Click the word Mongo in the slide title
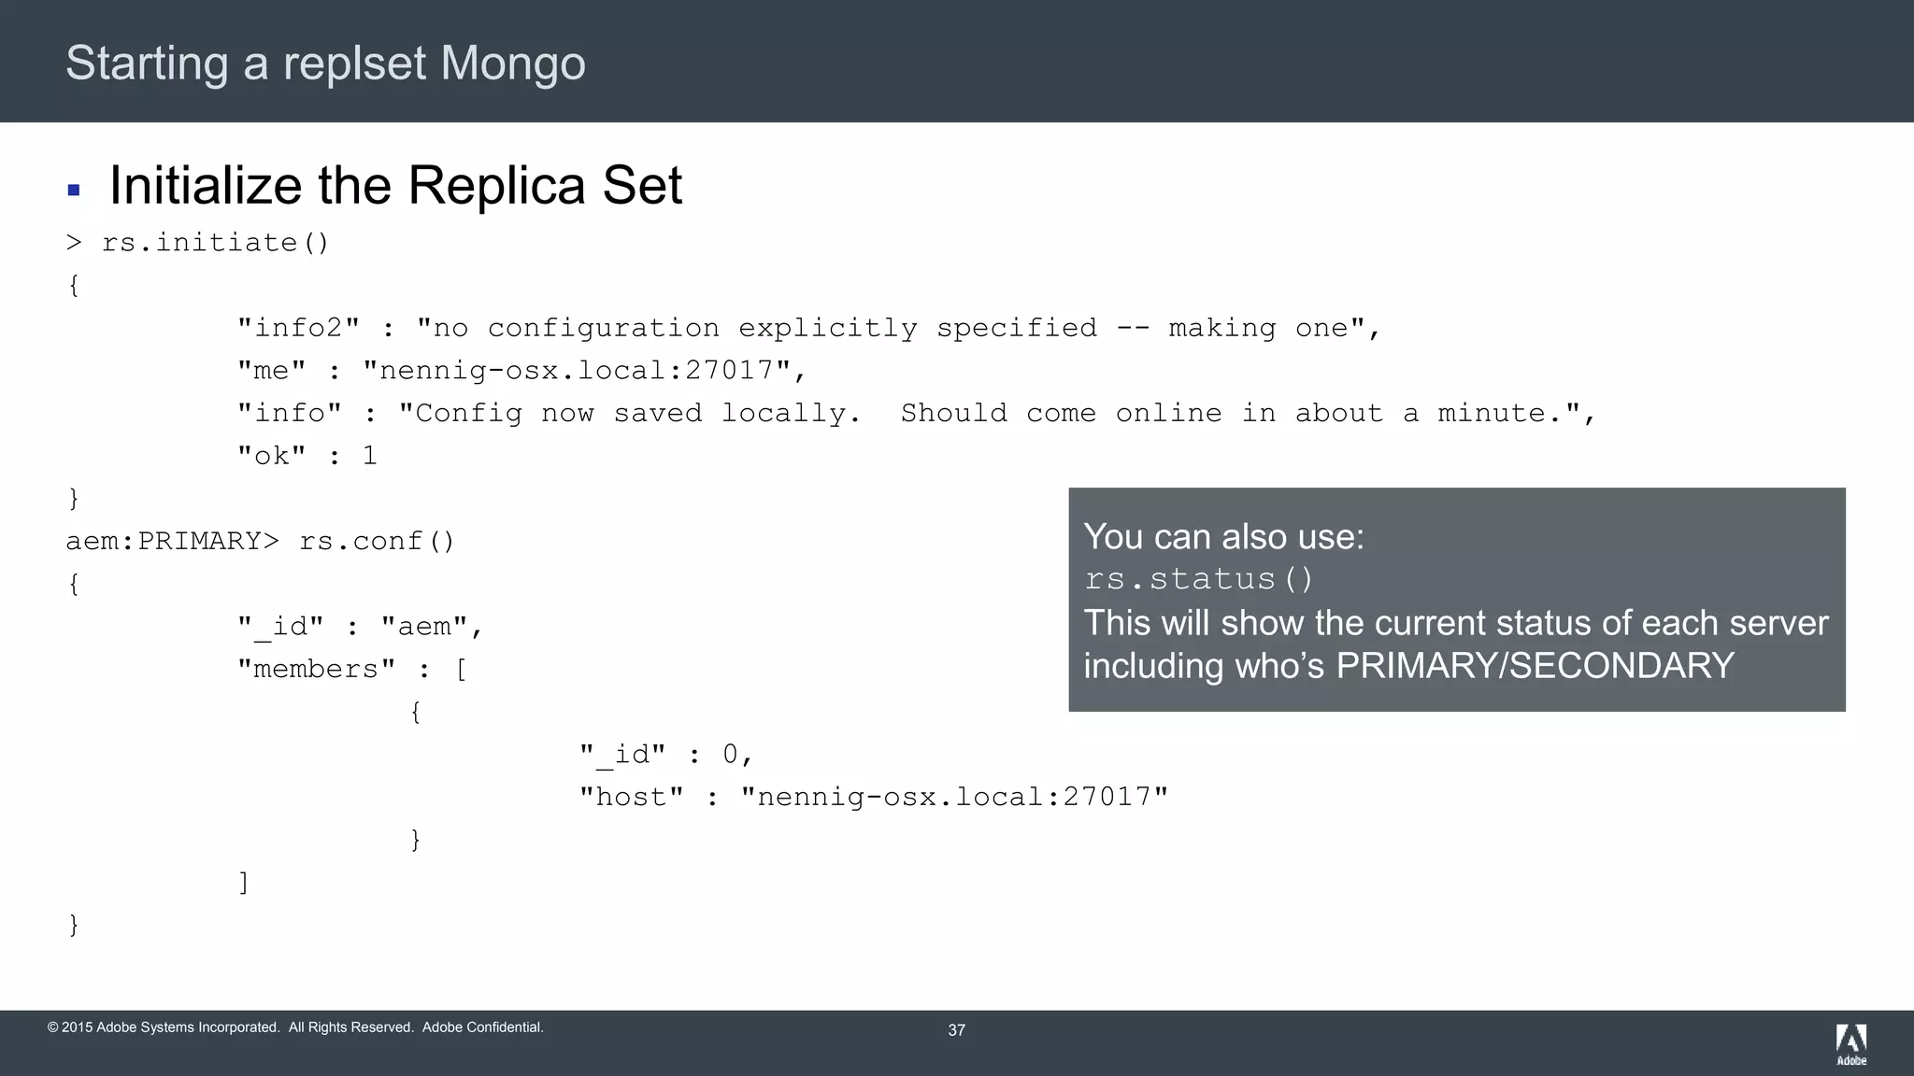pyautogui.click(x=512, y=64)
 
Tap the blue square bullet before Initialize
pyautogui.click(x=74, y=191)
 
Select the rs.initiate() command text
pyautogui.click(x=215, y=243)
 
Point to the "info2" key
pyautogui.click(x=298, y=328)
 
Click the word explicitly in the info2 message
pyautogui.click(x=827, y=328)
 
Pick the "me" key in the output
pyautogui.click(x=271, y=371)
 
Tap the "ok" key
pyautogui.click(x=271, y=456)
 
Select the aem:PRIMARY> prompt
pyautogui.click(x=173, y=542)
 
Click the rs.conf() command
pyautogui.click(x=377, y=542)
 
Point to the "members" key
pyautogui.click(x=317, y=670)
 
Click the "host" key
pyautogui.click(x=632, y=798)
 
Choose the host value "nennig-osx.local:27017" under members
pyautogui.click(x=954, y=798)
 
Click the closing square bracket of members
pyautogui.click(x=244, y=883)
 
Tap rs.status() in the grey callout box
pyautogui.click(x=1199, y=580)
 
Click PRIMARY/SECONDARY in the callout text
pyautogui.click(x=1535, y=666)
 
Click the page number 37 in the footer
pyautogui.click(x=956, y=1030)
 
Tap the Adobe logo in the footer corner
pyautogui.click(x=1851, y=1043)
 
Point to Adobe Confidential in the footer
pyautogui.click(x=482, y=1027)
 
